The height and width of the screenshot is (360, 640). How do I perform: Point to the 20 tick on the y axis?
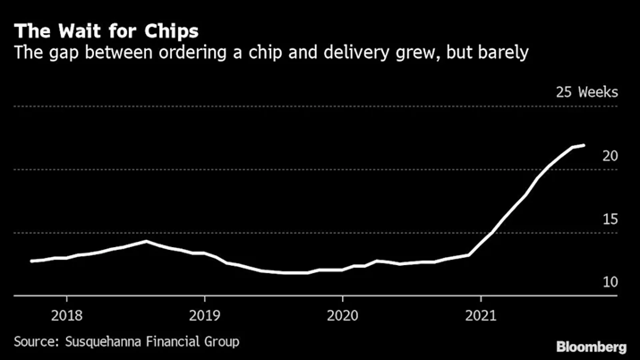click(x=610, y=156)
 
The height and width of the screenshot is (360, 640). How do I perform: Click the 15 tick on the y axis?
click(x=610, y=219)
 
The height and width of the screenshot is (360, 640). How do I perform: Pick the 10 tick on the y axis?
click(x=610, y=282)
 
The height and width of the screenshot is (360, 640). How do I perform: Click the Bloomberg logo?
click(x=592, y=347)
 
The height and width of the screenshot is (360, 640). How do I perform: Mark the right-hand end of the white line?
click(x=585, y=145)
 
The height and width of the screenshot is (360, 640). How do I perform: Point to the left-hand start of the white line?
click(x=31, y=261)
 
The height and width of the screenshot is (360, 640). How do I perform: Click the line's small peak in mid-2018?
click(x=146, y=241)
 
